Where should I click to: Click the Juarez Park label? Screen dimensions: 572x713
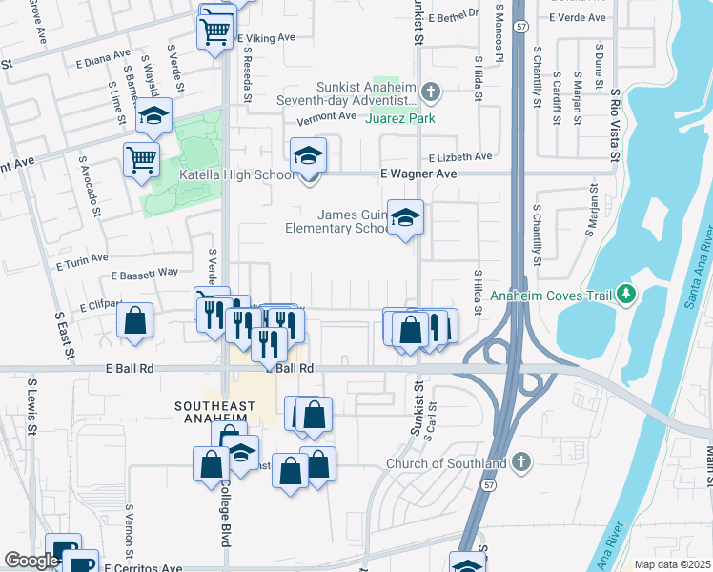pos(400,118)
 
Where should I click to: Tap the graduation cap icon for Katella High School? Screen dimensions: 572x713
pos(308,154)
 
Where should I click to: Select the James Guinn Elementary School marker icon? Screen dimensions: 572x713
pos(405,218)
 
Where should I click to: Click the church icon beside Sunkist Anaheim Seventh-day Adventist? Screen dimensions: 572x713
pos(431,92)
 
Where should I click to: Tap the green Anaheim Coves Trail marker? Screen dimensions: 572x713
pos(625,295)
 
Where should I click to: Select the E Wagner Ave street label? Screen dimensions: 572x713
pos(418,174)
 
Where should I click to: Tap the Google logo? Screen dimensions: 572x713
pos(31,561)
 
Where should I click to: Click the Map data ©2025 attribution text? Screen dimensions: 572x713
pos(672,564)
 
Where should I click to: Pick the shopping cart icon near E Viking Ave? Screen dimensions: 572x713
pos(215,31)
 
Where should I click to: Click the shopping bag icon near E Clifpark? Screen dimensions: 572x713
pos(135,320)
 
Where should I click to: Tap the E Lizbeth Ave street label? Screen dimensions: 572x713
pos(459,156)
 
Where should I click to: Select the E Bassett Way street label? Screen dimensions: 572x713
pos(145,274)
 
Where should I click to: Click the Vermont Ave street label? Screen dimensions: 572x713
pos(326,117)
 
